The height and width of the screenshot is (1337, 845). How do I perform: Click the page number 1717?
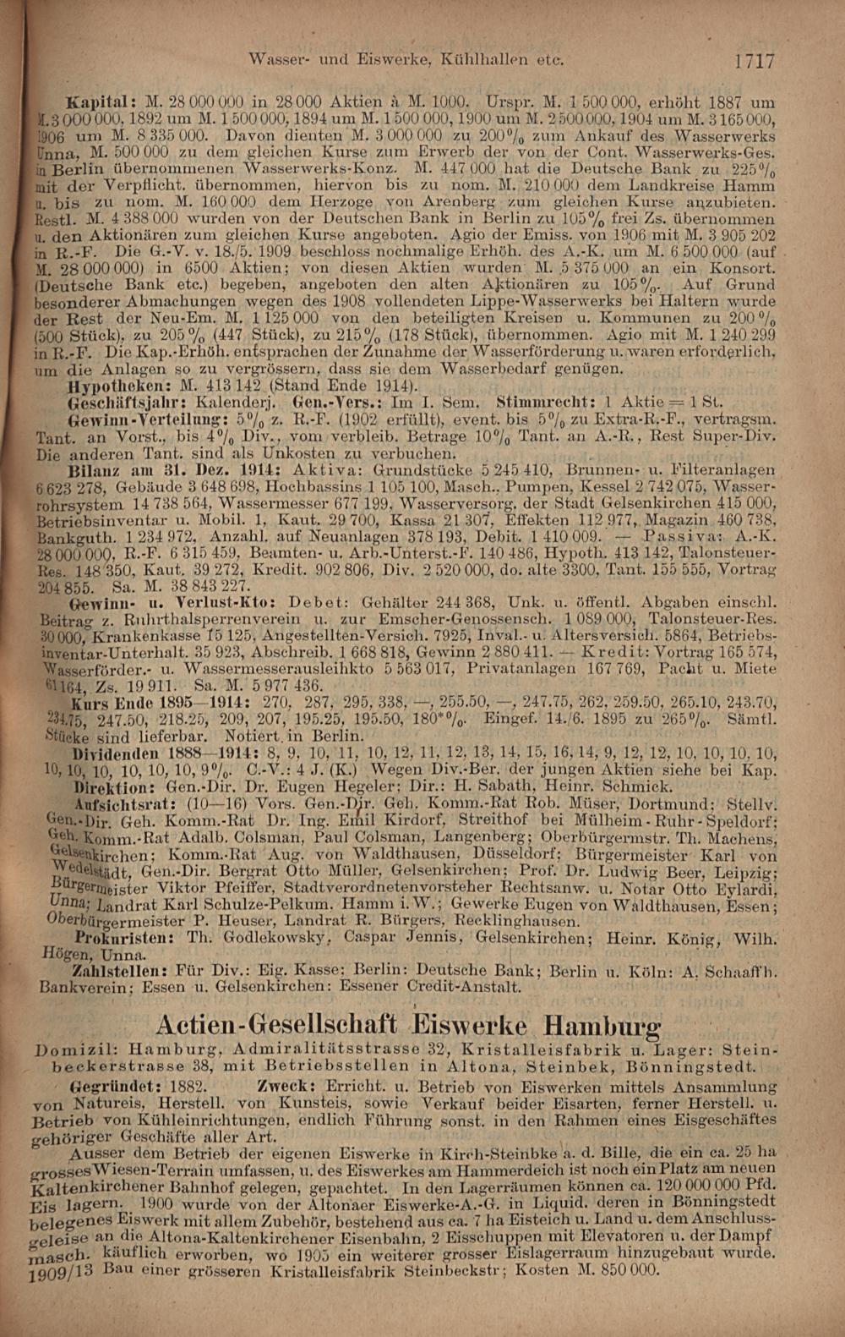(754, 60)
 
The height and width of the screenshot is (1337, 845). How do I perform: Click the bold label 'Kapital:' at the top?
(96, 96)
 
